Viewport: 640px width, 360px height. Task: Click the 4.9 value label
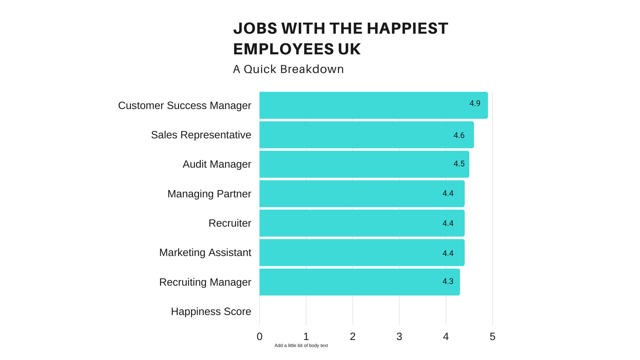click(475, 103)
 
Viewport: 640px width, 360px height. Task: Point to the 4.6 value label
click(459, 135)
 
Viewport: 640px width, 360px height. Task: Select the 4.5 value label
click(459, 164)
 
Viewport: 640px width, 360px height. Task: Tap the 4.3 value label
click(448, 281)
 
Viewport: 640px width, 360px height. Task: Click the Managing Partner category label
click(209, 194)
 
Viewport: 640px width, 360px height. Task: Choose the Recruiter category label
click(230, 223)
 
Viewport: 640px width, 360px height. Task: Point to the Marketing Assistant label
click(205, 252)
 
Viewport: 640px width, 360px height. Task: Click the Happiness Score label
click(211, 311)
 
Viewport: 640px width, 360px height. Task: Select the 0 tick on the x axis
click(259, 337)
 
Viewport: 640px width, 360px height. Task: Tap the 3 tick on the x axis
click(399, 337)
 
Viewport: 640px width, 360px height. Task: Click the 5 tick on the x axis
click(492, 337)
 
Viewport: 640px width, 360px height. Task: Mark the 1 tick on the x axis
click(306, 337)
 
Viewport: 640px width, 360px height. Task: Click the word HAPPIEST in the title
click(407, 28)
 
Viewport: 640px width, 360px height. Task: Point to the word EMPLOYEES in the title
click(283, 49)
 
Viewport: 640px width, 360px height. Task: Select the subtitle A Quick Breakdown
click(288, 69)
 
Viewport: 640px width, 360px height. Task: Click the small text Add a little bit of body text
click(301, 345)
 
